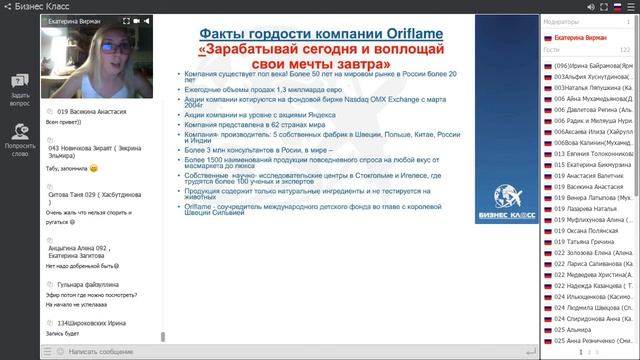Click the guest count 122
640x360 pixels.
coord(624,48)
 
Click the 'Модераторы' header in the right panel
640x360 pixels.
coord(560,21)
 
